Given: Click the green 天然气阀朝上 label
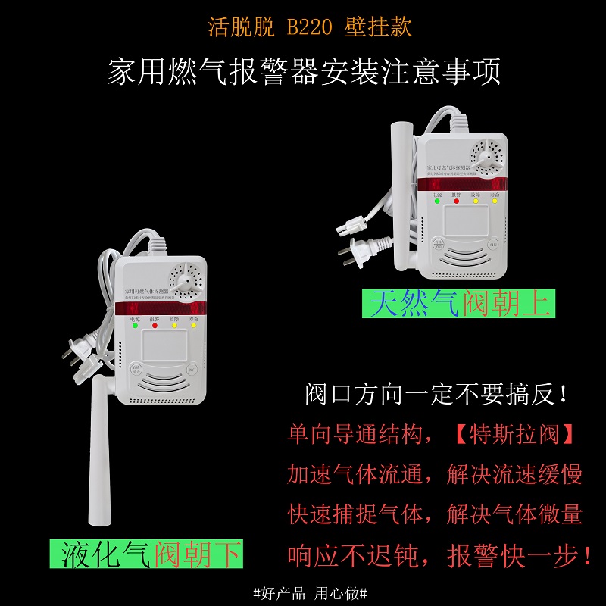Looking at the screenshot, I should [458, 304].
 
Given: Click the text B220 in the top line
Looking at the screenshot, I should [311, 28].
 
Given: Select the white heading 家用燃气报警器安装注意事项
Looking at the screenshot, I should [304, 73].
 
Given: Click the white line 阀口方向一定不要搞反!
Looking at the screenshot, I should [436, 394].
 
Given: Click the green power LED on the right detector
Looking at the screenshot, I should [437, 201].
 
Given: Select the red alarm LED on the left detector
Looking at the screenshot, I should [155, 328].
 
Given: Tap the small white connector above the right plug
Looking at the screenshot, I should [351, 225].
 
